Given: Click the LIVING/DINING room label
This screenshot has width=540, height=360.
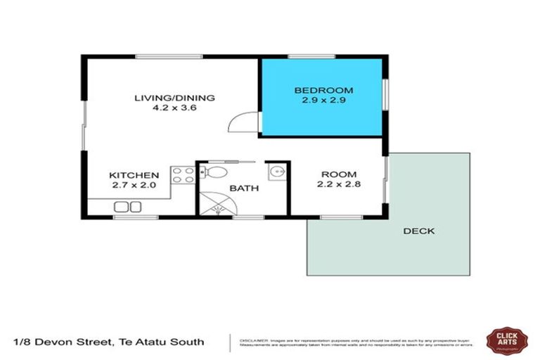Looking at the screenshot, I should pos(174,98).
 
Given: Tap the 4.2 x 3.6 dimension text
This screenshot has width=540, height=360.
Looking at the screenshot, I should pos(174,108).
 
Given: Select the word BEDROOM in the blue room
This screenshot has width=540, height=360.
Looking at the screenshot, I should pos(323,90).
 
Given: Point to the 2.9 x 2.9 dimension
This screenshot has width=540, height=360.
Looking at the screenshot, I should pos(323,101).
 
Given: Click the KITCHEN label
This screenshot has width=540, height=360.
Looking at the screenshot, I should pos(134,175).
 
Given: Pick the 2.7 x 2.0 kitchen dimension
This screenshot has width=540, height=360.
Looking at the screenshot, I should pos(134,186).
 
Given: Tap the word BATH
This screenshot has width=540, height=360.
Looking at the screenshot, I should pos(245,188).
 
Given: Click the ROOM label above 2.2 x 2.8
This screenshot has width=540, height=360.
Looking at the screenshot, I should pos(339,174).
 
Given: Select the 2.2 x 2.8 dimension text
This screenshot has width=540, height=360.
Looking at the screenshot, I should pos(339,185).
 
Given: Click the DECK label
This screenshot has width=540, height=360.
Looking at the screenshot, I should pos(419,231).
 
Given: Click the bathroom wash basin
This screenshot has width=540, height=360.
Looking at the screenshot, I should pos(275,172).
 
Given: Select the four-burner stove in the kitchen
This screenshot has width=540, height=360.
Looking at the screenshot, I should pos(183,175).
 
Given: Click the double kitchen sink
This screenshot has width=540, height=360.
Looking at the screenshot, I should pos(128,206).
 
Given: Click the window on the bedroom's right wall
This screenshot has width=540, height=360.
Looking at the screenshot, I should pos(385,93).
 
